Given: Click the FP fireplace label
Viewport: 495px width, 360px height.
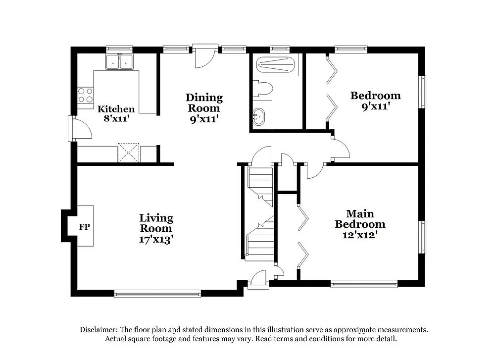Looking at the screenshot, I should (x=85, y=227).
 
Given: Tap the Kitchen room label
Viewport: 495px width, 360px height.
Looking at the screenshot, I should (x=116, y=109).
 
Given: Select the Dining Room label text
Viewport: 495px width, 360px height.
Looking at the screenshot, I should (x=204, y=103).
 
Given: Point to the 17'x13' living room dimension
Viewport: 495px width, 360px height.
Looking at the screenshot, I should (x=156, y=239).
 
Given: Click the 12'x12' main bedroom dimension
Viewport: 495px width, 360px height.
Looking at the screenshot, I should (x=360, y=235).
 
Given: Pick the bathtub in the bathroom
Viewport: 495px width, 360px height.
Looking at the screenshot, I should (x=275, y=64).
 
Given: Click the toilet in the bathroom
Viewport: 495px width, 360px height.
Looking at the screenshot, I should (x=263, y=89).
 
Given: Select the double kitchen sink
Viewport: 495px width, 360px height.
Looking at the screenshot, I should (x=119, y=62).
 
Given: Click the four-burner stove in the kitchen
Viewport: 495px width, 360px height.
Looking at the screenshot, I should (x=86, y=95).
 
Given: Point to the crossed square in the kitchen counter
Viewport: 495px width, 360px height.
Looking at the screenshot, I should (x=128, y=153).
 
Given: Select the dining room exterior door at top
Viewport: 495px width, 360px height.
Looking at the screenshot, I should (x=204, y=56).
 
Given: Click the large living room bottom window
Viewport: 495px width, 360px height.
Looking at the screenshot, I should (x=157, y=294).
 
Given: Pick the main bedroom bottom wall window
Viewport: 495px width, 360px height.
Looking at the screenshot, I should (x=364, y=284).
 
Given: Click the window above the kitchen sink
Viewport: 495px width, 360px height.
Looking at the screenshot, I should (x=119, y=49).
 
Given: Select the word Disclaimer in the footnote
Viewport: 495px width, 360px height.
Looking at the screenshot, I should (x=98, y=330).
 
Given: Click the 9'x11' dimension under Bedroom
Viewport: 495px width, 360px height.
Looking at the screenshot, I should (x=375, y=106).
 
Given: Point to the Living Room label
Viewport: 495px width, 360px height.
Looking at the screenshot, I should (x=156, y=223).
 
